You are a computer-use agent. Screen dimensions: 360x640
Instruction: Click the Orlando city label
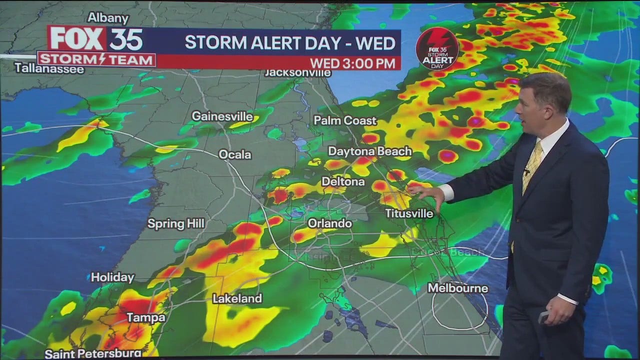[329, 223]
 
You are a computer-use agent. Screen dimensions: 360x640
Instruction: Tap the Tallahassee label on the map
[49, 68]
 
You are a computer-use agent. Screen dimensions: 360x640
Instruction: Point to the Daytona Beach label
[370, 151]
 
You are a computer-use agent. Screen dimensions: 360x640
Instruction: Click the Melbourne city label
[458, 288]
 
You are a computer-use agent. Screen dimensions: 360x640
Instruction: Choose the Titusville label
[409, 213]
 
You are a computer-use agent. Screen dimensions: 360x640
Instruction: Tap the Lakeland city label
[237, 298]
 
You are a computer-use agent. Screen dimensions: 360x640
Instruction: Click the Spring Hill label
[176, 223]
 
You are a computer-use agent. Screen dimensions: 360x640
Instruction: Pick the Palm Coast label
[345, 120]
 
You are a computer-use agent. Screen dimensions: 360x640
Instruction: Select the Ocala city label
[235, 154]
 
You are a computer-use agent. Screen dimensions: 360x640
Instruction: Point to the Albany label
[107, 17]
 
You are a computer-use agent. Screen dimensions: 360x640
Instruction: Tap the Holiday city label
[112, 277]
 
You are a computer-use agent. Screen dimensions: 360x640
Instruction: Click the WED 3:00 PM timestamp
[354, 63]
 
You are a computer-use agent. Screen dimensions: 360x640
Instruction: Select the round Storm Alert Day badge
[437, 48]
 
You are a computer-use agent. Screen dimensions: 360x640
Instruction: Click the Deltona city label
[343, 181]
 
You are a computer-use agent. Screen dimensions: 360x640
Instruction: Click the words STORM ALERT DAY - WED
[290, 42]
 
